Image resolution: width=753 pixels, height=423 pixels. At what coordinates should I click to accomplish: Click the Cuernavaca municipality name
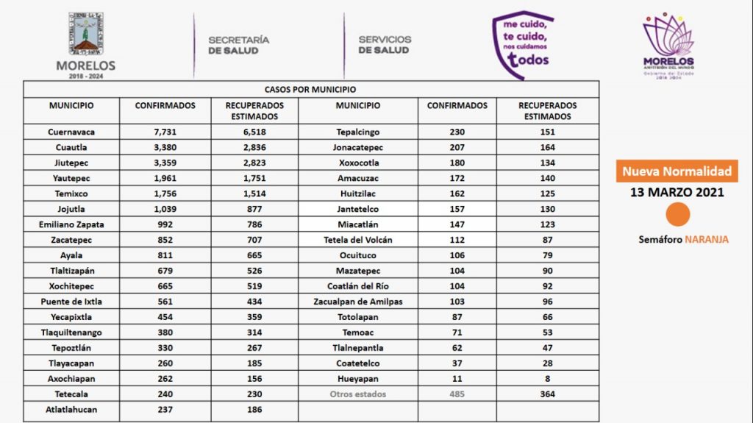[x=71, y=132]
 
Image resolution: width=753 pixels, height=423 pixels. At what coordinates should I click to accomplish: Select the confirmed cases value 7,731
[x=165, y=132]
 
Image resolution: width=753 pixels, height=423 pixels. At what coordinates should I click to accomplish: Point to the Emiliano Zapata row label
[x=71, y=225]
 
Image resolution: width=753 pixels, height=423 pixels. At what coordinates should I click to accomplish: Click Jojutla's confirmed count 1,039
[x=165, y=210]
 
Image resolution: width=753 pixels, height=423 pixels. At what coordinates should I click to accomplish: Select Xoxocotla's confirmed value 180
[x=457, y=163]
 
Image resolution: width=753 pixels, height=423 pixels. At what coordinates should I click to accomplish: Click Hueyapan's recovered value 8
[x=547, y=379]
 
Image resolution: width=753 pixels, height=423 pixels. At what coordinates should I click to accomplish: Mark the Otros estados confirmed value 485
[x=457, y=394]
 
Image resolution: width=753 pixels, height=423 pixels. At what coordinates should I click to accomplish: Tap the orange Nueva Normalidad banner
[x=677, y=172]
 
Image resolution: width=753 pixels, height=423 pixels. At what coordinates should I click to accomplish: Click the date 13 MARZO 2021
[x=677, y=193]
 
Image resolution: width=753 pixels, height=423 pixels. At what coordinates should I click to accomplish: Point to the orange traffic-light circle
[x=677, y=216]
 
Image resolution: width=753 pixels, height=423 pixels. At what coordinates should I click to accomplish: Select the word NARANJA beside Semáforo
[x=706, y=240]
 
